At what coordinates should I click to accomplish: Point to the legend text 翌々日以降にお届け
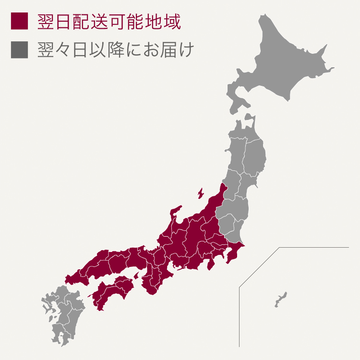115,50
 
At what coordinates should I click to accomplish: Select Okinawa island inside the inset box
281,299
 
